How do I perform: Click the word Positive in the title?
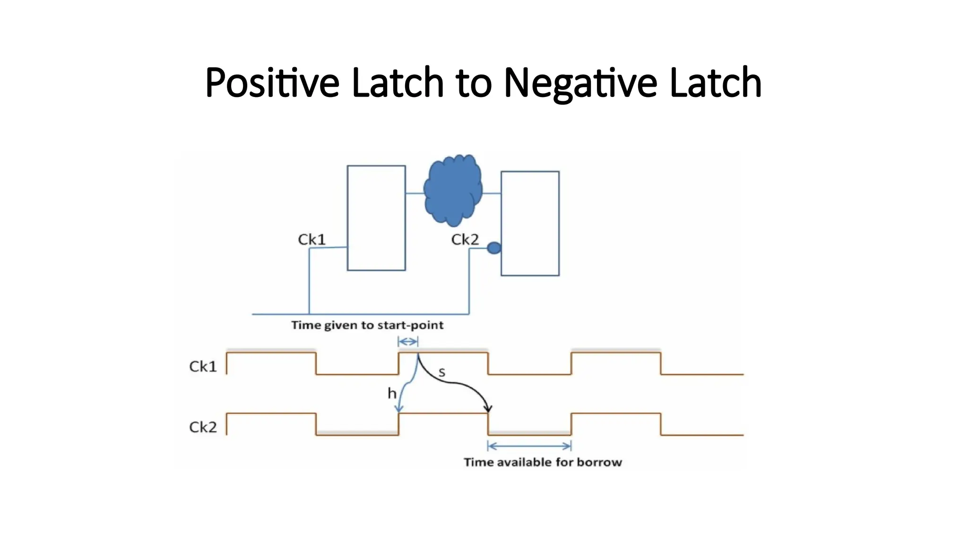(x=272, y=83)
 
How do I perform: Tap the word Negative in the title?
(x=580, y=83)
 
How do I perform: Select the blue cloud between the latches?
(x=453, y=190)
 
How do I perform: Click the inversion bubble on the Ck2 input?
(x=494, y=248)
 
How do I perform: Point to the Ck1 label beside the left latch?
(x=312, y=239)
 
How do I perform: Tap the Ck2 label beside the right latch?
(x=465, y=239)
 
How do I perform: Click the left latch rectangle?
(x=376, y=218)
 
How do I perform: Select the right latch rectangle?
(x=530, y=223)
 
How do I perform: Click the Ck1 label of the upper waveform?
(x=203, y=366)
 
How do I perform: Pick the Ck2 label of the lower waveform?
(x=203, y=427)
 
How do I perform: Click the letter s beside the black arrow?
(x=442, y=373)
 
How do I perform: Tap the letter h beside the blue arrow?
(x=392, y=393)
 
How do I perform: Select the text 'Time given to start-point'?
(x=367, y=325)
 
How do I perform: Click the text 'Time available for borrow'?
(x=543, y=462)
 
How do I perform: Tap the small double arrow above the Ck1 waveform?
(x=408, y=342)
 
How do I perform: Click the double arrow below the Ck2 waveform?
(x=529, y=446)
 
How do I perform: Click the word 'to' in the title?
(x=474, y=83)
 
